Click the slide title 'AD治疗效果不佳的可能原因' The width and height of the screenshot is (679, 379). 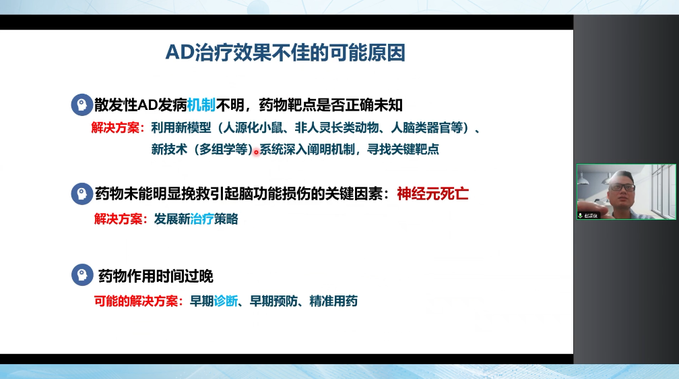(286, 53)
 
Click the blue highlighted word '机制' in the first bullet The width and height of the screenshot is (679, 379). (201, 105)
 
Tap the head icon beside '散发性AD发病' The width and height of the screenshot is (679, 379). (82, 105)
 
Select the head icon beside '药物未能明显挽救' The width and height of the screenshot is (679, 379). (82, 194)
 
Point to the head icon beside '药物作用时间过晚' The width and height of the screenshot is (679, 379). (82, 275)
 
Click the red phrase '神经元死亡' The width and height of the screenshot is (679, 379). (432, 194)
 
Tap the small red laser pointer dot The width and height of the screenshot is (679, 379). (256, 152)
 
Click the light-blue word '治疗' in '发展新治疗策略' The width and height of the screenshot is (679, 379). (202, 219)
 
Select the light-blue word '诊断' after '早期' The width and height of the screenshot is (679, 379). (226, 301)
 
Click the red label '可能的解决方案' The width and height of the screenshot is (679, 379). (135, 301)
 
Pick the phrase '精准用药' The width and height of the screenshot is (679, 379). (333, 301)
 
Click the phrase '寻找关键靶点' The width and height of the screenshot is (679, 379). (403, 149)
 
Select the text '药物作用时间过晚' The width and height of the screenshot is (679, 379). (156, 276)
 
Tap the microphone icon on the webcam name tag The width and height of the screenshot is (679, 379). (580, 216)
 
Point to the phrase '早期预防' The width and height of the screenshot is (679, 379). (273, 301)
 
